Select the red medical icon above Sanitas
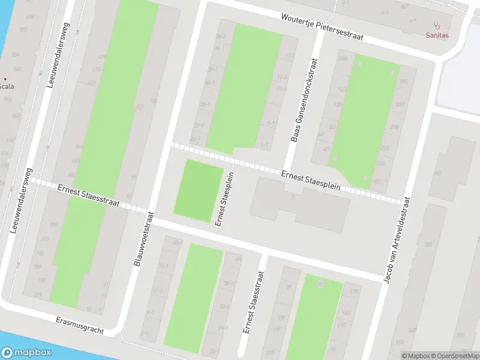tap(437, 26)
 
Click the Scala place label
tap(7, 86)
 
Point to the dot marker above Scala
tap(5, 78)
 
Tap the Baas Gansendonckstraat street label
tap(304, 100)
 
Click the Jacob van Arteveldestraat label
tap(398, 240)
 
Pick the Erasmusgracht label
tap(79, 326)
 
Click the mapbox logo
tap(26, 353)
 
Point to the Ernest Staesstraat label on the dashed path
tap(88, 196)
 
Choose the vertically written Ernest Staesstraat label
tap(253, 303)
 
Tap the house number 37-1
tap(229, 284)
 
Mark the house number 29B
tap(343, 58)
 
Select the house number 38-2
tap(220, 37)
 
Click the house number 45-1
tap(177, 242)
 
